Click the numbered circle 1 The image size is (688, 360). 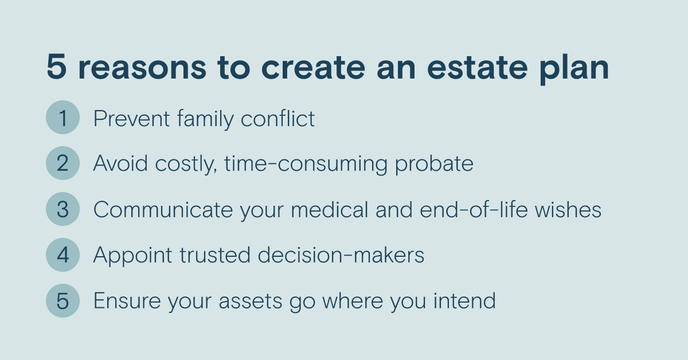click(x=62, y=118)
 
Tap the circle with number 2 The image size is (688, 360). click(x=62, y=163)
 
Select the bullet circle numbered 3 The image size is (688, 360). click(x=62, y=209)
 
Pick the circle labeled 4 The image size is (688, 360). click(x=62, y=255)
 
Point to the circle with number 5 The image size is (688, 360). click(x=62, y=300)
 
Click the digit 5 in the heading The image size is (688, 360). click(x=57, y=66)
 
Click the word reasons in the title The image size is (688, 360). click(x=142, y=68)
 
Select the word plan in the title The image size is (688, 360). click(x=574, y=69)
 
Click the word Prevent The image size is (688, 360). click(x=131, y=118)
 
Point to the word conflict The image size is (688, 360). click(x=277, y=118)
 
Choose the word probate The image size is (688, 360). click(x=434, y=165)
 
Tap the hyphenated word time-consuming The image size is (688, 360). click(x=306, y=165)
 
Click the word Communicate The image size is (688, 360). click(x=163, y=210)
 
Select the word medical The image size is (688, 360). click(x=329, y=209)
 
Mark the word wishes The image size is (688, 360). click(x=568, y=209)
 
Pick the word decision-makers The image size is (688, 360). click(x=341, y=255)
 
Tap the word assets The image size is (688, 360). click(x=251, y=302)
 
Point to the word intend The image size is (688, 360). click(x=465, y=300)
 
